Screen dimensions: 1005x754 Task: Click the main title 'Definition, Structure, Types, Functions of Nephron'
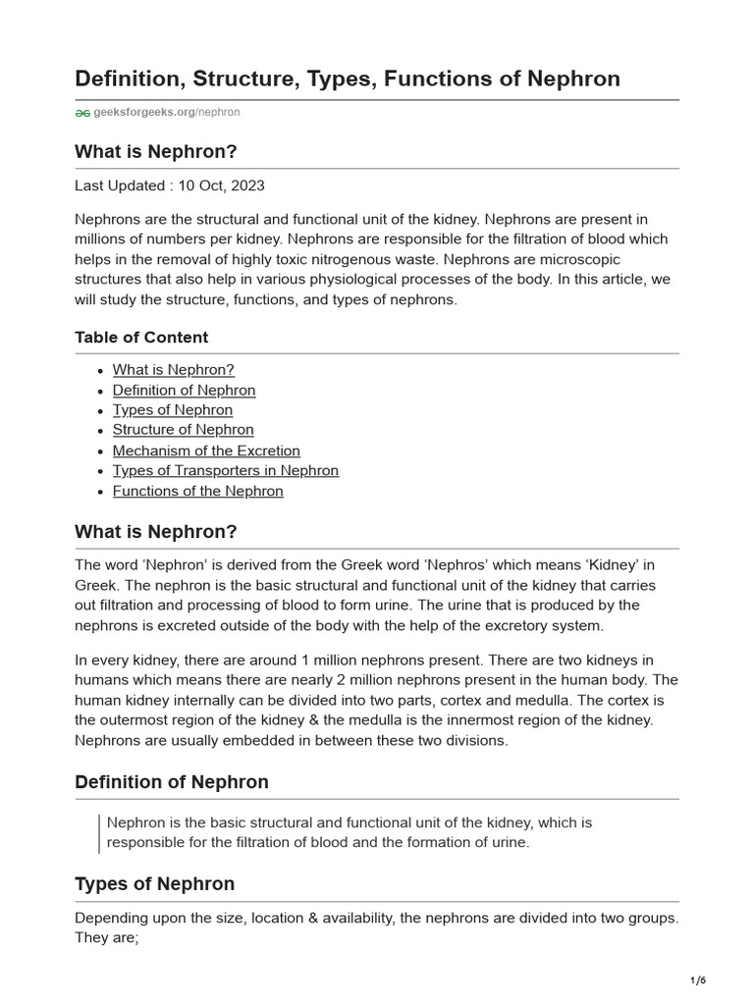348,79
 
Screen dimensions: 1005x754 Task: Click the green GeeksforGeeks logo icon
82,113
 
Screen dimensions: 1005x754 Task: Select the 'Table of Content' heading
141,338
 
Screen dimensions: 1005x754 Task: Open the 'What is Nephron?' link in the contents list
174,370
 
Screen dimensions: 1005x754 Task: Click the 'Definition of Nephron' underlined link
184,391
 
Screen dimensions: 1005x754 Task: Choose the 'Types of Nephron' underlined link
173,410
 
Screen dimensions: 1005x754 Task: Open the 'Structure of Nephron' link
183,430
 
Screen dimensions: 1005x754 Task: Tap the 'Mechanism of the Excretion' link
206,450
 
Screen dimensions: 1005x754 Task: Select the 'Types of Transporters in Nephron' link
226,470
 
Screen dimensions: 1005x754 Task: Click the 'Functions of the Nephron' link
197,491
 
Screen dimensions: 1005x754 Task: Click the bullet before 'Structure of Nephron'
101,431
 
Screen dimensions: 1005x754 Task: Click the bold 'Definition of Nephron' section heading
172,782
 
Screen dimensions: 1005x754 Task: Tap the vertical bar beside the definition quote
99,832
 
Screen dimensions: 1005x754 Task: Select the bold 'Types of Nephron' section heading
155,884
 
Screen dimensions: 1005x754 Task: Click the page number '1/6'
698,980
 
